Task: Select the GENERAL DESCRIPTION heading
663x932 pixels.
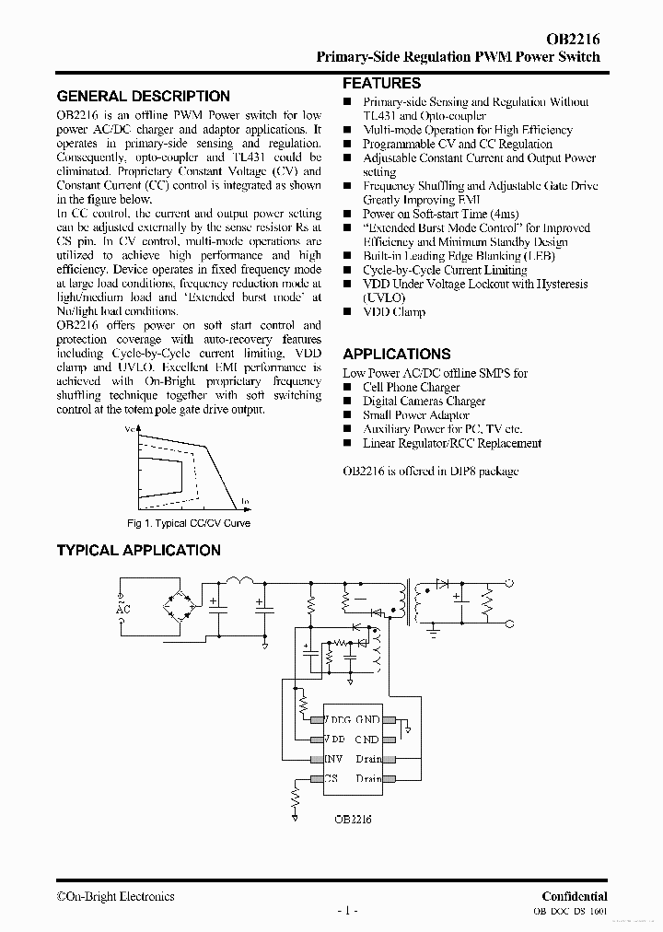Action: pos(144,96)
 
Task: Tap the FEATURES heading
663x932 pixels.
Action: pos(382,83)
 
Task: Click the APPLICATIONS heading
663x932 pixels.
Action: pos(397,354)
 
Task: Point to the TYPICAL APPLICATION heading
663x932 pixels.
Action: pos(139,550)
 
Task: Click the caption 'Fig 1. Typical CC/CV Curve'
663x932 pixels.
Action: pos(189,523)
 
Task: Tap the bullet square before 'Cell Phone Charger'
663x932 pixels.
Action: pos(348,388)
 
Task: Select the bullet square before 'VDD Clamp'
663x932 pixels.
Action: pos(348,312)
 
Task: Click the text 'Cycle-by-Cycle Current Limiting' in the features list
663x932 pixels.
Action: pos(445,270)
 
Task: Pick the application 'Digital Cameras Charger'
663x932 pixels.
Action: pos(424,401)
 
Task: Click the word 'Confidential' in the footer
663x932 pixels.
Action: pos(574,896)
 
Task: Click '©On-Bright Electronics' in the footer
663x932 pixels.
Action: pos(115,896)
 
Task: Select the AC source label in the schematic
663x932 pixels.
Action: pos(123,607)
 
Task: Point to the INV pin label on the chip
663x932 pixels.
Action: pos(333,759)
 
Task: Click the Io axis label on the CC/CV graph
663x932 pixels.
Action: pos(246,501)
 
